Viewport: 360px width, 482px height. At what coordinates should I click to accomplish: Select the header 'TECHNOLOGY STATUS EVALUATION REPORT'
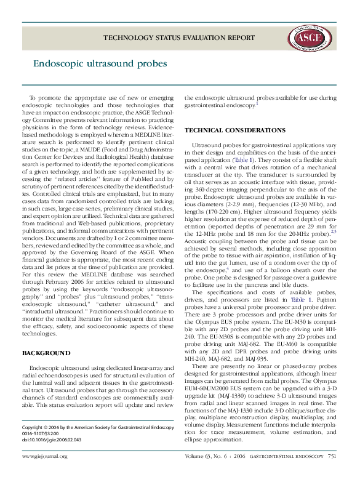(178, 38)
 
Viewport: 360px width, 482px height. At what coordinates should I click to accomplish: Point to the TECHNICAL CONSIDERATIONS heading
(235, 131)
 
